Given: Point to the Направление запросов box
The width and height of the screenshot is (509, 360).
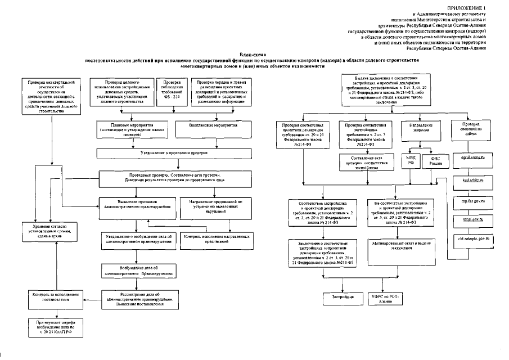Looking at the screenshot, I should coord(417,127).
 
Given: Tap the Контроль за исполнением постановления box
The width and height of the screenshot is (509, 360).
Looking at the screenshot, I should coord(50,296).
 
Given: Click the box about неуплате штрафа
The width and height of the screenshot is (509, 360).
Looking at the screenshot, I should coord(50,326).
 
